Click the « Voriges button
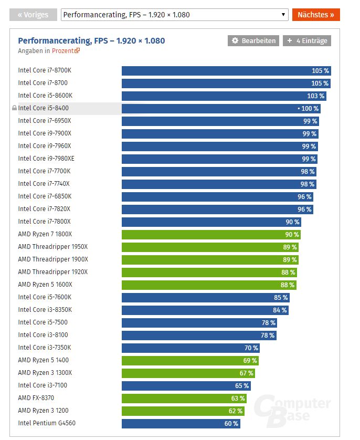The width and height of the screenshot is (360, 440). click(33, 15)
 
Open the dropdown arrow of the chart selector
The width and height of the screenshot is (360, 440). click(283, 15)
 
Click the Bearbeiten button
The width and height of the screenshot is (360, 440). click(253, 41)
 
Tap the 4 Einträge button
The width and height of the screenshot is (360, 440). click(307, 41)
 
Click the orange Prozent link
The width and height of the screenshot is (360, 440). click(66, 51)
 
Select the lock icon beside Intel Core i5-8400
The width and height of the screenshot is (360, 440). click(14, 108)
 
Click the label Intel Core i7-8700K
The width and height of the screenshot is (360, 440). click(45, 70)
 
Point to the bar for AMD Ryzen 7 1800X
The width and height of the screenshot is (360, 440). click(210, 235)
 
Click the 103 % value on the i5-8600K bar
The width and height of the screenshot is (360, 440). click(315, 96)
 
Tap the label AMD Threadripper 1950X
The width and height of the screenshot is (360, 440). click(52, 247)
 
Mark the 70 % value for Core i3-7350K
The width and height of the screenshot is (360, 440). click(251, 348)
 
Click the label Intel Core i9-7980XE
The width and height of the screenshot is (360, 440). click(46, 159)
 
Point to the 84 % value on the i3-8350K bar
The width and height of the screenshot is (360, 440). click(280, 310)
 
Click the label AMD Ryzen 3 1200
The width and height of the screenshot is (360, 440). click(43, 411)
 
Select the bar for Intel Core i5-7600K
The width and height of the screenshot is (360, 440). click(205, 298)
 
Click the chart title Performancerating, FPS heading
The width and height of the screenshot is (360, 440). click(91, 40)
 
